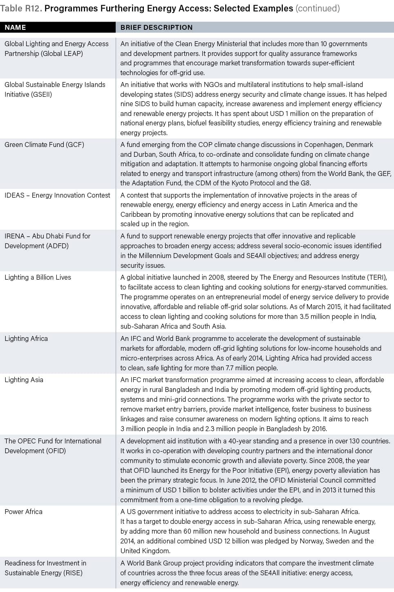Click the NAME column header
click(x=15, y=27)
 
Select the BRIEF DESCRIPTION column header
click(x=156, y=27)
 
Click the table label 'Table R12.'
click(x=21, y=8)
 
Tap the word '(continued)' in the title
click(x=317, y=8)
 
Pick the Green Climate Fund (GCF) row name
click(x=44, y=145)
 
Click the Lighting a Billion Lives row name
click(x=38, y=277)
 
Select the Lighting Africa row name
click(x=26, y=338)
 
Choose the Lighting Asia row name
click(x=24, y=380)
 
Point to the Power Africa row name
click(x=23, y=512)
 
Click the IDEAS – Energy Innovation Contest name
click(x=57, y=195)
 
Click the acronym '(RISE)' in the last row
click(x=72, y=573)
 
